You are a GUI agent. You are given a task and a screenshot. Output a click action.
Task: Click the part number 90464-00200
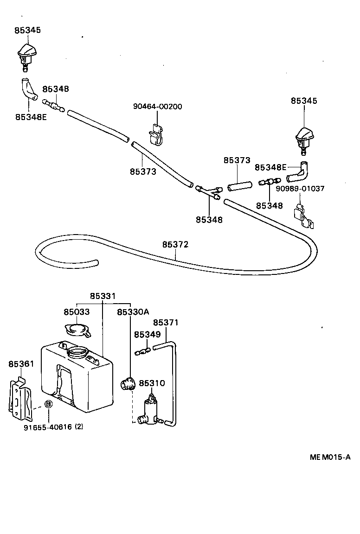coord(157,107)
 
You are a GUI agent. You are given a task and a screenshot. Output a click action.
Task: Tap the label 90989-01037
coord(300,189)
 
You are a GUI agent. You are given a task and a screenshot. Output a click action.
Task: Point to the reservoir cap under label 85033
coord(77,330)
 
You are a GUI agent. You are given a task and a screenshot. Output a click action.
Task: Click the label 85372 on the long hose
coord(175,244)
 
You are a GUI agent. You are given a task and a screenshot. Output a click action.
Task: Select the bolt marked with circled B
coord(48,404)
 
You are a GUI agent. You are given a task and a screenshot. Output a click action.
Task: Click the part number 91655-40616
coord(48,427)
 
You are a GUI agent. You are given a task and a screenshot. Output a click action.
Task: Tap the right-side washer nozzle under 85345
coord(304,138)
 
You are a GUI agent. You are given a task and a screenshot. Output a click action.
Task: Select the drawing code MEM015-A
coord(330,457)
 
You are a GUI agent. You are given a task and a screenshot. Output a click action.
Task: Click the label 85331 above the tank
coord(103,296)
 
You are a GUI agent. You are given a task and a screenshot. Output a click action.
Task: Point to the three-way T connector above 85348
coord(208,192)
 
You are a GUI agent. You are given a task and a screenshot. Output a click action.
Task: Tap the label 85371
coord(166,323)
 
